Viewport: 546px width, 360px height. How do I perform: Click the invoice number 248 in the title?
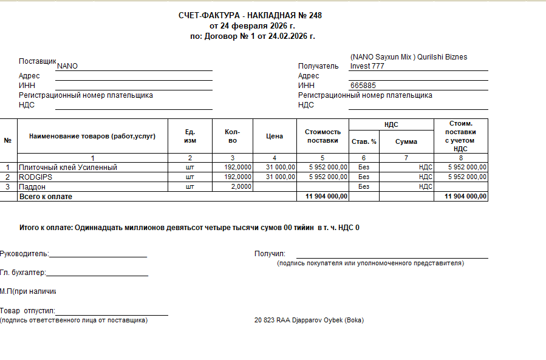click(315, 15)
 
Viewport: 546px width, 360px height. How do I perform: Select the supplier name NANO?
click(67, 66)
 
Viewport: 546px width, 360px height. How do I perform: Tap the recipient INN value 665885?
click(363, 86)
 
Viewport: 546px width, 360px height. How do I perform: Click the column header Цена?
click(275, 136)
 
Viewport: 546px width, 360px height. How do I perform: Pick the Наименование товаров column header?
click(92, 136)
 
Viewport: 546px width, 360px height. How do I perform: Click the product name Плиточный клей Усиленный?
click(68, 167)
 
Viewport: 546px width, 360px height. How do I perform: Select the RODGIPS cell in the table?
click(36, 177)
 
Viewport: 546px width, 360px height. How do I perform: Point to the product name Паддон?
click(32, 187)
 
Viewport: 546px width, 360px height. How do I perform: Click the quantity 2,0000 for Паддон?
click(238, 187)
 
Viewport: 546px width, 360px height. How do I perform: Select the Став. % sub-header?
click(364, 141)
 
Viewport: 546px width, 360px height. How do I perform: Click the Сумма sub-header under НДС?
click(406, 141)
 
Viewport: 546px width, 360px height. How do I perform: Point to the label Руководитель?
click(24, 254)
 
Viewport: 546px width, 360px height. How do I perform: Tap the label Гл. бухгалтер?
click(23, 273)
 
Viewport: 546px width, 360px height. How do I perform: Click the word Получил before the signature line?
click(270, 254)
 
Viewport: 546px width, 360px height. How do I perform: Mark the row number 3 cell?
click(8, 187)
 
